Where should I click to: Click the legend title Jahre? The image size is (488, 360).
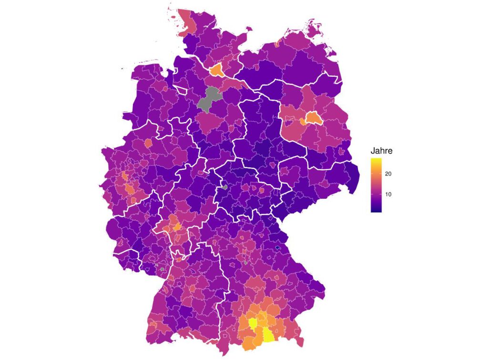click(x=381, y=151)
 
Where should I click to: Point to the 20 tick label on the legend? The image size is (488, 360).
click(x=388, y=174)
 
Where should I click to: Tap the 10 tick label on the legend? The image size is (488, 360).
click(x=388, y=195)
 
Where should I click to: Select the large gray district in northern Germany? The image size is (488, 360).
click(x=208, y=99)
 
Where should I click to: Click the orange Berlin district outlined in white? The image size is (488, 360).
click(x=313, y=118)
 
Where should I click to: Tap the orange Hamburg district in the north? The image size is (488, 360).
click(x=216, y=71)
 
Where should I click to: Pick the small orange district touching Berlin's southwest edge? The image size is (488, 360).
click(x=303, y=122)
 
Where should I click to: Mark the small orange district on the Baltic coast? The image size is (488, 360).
click(x=277, y=44)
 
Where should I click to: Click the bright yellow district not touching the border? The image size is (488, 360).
click(x=253, y=323)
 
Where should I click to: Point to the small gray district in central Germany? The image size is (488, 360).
click(x=224, y=187)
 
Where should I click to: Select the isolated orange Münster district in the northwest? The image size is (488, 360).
click(x=148, y=143)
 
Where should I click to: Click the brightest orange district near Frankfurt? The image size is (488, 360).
click(x=176, y=226)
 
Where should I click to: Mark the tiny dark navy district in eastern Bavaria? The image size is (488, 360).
click(x=278, y=248)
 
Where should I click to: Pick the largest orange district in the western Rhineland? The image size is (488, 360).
click(x=129, y=190)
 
